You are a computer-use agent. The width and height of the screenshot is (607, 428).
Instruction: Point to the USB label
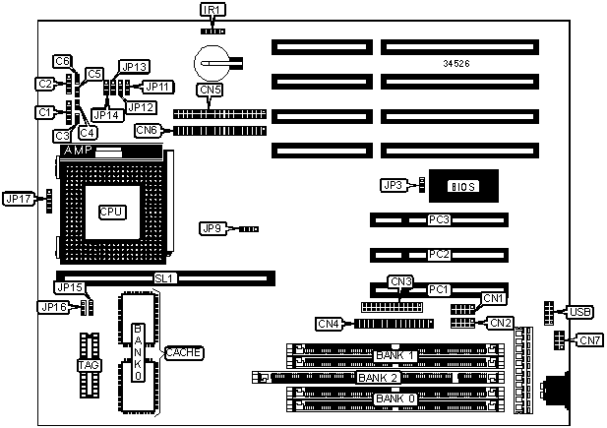click(579, 313)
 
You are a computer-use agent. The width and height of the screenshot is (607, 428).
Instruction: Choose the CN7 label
click(589, 341)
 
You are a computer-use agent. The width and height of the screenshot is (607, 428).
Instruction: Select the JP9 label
click(212, 228)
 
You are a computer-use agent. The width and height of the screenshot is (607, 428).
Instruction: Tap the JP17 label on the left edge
click(18, 199)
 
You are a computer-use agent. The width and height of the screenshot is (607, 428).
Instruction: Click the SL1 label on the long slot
click(164, 279)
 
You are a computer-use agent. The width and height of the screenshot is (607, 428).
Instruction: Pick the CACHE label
click(184, 351)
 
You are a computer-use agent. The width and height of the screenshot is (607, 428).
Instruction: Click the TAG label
click(89, 365)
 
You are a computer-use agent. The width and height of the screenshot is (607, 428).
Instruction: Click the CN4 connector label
click(329, 323)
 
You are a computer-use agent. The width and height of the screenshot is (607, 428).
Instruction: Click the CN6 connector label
click(148, 130)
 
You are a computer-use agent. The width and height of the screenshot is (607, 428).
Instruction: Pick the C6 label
click(62, 61)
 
